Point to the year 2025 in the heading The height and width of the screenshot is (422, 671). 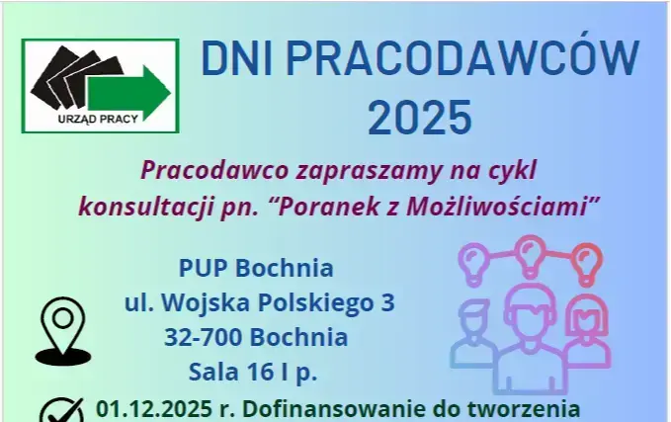(x=419, y=118)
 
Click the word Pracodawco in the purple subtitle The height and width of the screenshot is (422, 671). (x=208, y=169)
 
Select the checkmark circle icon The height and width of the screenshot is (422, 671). (x=66, y=410)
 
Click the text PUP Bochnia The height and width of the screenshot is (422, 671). (x=255, y=268)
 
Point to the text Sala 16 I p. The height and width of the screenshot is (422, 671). (x=255, y=373)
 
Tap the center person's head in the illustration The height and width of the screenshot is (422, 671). (x=533, y=314)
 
